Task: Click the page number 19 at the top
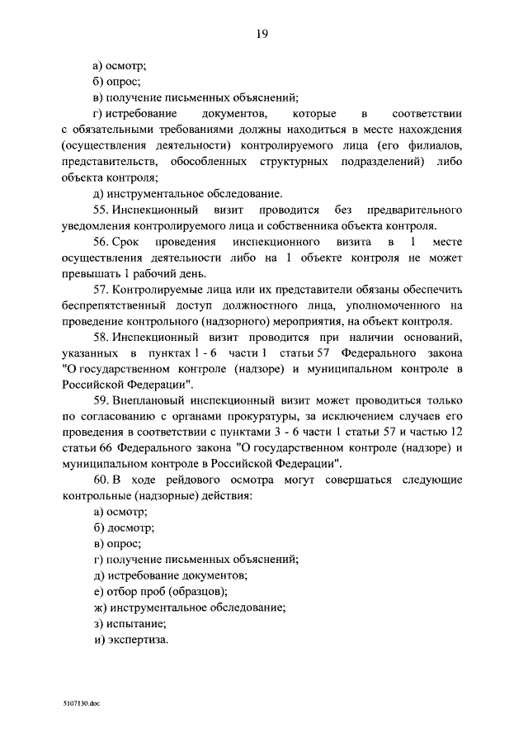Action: [262, 33]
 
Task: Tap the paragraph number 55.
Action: [101, 210]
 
